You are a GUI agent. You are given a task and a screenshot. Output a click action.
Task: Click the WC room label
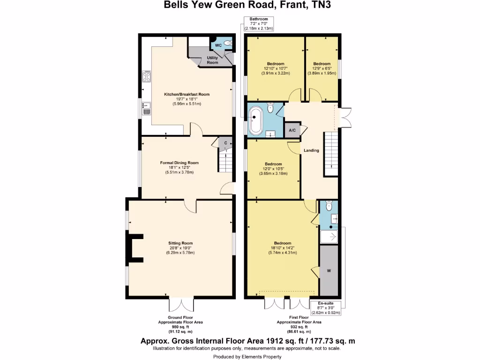click(x=218, y=45)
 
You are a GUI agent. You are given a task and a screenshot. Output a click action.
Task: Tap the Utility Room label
click(x=212, y=60)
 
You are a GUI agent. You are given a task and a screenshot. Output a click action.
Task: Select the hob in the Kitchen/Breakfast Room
click(x=146, y=76)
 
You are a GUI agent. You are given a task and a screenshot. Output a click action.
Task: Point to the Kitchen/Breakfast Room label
click(x=187, y=94)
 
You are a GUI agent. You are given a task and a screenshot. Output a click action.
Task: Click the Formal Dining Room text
click(x=180, y=163)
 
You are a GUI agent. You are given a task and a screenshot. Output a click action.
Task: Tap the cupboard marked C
click(x=225, y=142)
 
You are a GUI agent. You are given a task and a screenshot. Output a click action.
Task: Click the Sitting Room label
click(x=180, y=243)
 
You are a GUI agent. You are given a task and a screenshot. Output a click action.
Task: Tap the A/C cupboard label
click(x=292, y=130)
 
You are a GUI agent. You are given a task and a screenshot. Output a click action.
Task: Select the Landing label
click(x=311, y=150)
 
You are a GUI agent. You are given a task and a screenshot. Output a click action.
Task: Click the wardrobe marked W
click(x=329, y=270)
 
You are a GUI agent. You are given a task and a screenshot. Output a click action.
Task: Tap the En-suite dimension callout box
click(x=325, y=307)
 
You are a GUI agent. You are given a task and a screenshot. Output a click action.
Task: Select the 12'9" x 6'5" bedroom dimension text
click(x=322, y=71)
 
